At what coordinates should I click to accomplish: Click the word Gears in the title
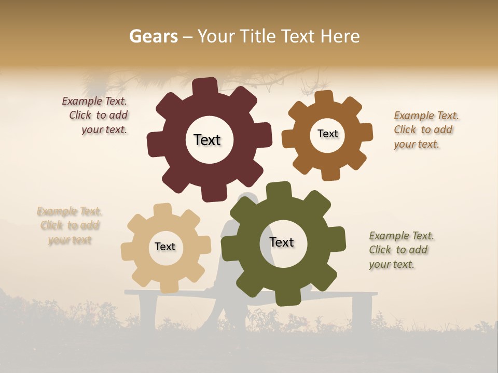(x=153, y=36)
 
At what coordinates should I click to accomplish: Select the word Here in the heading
(x=340, y=36)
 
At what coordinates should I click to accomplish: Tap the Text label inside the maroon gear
(x=207, y=140)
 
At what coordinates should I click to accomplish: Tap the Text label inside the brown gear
(x=327, y=134)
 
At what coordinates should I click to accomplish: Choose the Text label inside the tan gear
(x=165, y=247)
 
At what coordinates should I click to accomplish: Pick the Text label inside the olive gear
(x=282, y=242)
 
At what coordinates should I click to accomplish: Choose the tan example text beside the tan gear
(x=70, y=225)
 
